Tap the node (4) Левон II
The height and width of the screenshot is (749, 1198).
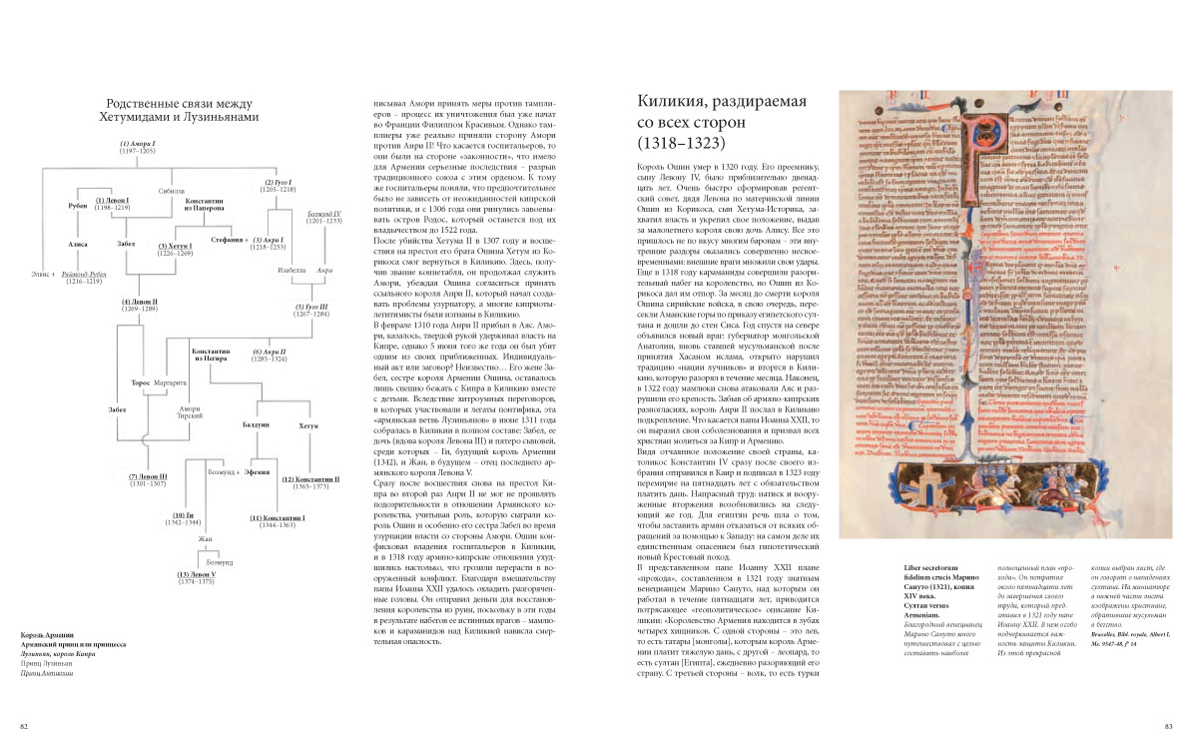point(140,301)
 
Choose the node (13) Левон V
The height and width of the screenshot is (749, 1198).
point(197,576)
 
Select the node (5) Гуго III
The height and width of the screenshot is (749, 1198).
point(310,306)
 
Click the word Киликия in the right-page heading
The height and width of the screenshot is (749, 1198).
point(678,102)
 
